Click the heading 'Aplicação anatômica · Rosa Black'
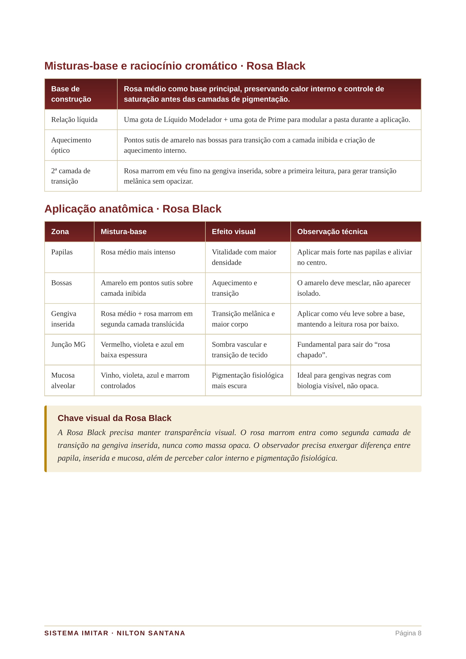133,209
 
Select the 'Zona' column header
60,232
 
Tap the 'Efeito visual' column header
234,232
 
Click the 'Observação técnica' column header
332,232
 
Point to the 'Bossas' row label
61,283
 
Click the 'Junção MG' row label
68,344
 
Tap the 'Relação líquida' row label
74,120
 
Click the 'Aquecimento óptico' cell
71,145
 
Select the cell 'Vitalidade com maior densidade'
244,257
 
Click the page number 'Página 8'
408,633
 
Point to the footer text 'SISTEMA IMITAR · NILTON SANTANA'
115,633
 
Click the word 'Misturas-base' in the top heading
81,66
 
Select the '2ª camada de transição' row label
71,176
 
